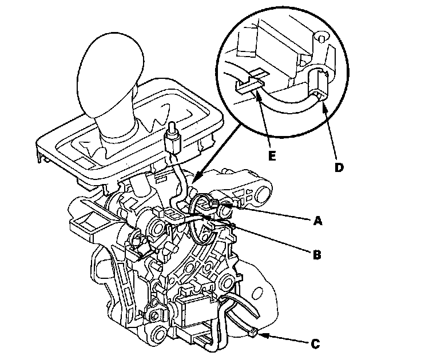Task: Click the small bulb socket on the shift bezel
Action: [172, 141]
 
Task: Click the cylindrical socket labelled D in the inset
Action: [318, 83]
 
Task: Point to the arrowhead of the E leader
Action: [257, 95]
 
